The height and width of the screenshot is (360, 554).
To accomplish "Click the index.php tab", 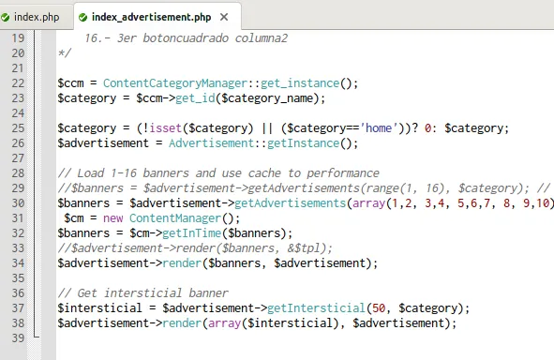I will coord(36,16).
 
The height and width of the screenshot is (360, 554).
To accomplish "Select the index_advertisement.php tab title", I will coord(150,16).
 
